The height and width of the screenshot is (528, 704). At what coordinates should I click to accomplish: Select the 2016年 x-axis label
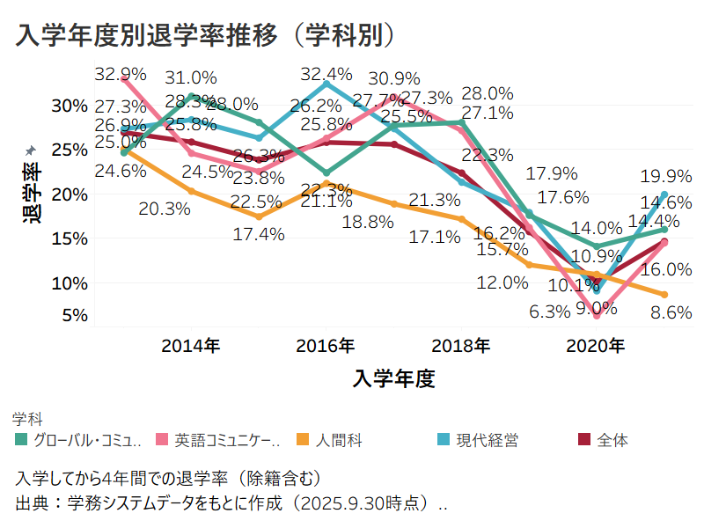pyautogui.click(x=326, y=345)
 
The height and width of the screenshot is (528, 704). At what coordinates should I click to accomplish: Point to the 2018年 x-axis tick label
pyautogui.click(x=460, y=345)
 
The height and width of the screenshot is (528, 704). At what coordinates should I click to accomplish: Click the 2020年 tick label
pyautogui.click(x=596, y=345)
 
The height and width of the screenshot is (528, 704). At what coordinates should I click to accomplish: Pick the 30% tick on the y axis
pyautogui.click(x=70, y=106)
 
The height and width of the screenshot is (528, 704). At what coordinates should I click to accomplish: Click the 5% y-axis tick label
pyautogui.click(x=74, y=315)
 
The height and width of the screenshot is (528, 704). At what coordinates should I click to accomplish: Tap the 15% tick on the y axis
pyautogui.click(x=70, y=238)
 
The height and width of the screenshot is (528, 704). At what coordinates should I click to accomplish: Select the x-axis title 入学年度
pyautogui.click(x=394, y=379)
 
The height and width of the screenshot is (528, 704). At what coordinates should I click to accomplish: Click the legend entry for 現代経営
pyautogui.click(x=486, y=440)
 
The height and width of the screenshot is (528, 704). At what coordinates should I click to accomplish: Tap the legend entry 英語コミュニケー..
pyautogui.click(x=227, y=440)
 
